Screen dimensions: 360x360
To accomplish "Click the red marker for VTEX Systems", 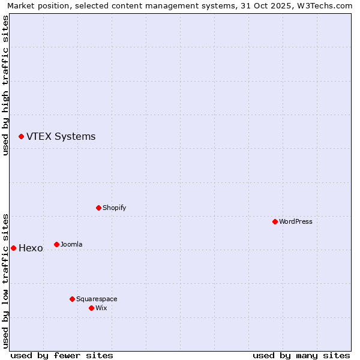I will pos(21,137).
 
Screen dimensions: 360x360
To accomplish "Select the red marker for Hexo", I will pos(13,248).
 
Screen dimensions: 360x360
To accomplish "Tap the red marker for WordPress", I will pos(275,221).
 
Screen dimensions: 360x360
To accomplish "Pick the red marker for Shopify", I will pos(98,208).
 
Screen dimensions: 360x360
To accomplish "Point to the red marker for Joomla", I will pos(56,244).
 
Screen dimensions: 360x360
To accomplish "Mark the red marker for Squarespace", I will pos(72,299).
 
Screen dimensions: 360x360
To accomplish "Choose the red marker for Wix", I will pos(91,308).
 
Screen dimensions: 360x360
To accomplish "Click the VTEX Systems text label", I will pos(61,137).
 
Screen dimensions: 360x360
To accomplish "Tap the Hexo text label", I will pos(31,248).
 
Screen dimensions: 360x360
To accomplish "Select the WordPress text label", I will pos(296,221).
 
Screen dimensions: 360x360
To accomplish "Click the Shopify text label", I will pos(114,208).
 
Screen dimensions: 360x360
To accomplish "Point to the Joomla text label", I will pos(71,244).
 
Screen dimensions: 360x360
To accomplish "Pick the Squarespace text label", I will pos(97,299).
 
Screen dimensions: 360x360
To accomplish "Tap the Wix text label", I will pos(101,308).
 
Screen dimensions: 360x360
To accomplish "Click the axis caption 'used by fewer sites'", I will pos(62,355).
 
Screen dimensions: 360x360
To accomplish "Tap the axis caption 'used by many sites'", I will pos(301,355).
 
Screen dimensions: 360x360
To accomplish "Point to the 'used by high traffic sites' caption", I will pos(5,85).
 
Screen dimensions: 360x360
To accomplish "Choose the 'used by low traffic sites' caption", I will pos(5,280).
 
